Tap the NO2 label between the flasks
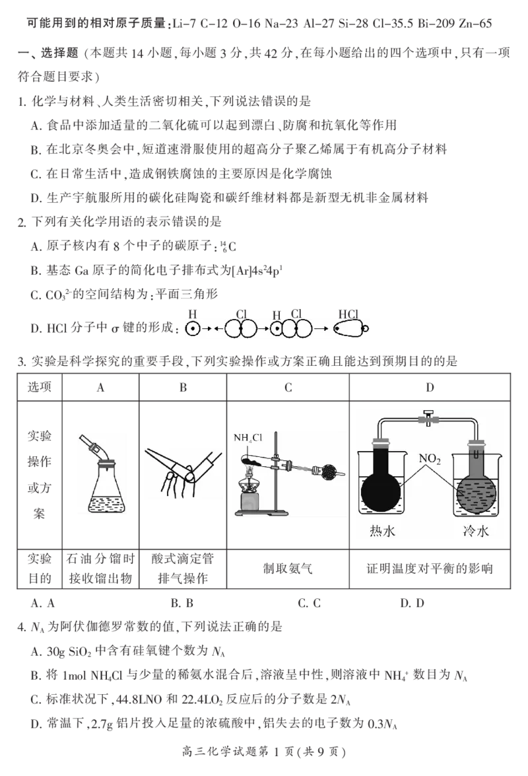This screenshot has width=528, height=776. pos(430,458)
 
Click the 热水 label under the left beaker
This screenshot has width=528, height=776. pos(382,530)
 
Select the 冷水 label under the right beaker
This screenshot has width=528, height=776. pos(476,530)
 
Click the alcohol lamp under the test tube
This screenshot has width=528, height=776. pos(254,496)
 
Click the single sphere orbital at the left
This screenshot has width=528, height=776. pos(193,328)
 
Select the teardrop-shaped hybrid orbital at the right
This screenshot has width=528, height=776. pos(349,328)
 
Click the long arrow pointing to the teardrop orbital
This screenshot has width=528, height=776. pos(321,328)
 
